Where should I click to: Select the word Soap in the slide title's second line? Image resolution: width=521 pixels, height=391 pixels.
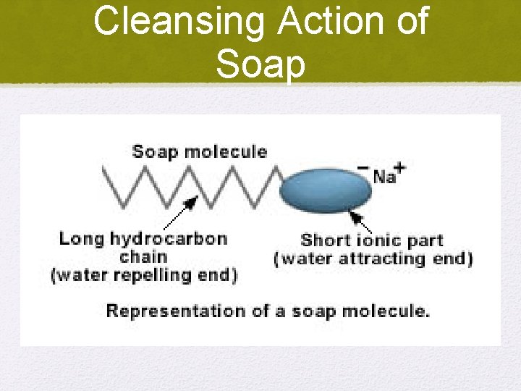260,64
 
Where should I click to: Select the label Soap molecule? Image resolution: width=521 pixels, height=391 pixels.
199,152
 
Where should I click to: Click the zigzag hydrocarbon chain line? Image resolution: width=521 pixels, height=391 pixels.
188,187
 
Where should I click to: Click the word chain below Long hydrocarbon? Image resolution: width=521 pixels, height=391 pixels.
143,257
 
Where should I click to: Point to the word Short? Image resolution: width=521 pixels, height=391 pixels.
326,240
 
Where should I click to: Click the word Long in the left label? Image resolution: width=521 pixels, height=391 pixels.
81,239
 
